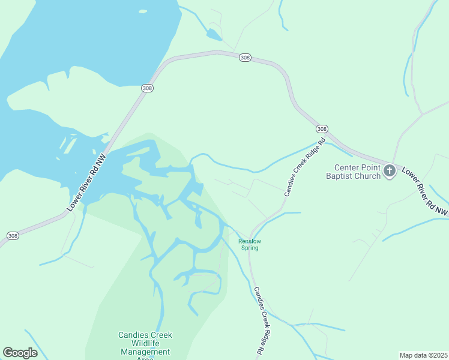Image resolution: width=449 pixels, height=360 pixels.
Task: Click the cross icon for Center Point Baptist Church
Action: [389, 171]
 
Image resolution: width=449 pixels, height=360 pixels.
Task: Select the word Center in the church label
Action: [348, 167]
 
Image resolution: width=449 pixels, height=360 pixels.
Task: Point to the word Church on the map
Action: [369, 176]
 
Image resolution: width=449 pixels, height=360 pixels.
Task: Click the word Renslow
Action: [250, 241]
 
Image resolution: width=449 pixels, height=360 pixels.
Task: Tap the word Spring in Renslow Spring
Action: [250, 248]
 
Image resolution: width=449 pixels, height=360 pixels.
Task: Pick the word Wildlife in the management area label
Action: [145, 344]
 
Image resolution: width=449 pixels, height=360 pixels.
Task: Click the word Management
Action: [145, 352]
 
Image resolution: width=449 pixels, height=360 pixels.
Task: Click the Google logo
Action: [20, 353]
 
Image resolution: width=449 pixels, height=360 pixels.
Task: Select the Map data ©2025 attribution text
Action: [423, 355]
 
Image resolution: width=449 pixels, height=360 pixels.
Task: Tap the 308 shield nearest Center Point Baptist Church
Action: [322, 129]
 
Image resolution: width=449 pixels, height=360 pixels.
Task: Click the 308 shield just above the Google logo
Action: [13, 236]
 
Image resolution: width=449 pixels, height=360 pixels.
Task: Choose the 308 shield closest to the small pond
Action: [244, 57]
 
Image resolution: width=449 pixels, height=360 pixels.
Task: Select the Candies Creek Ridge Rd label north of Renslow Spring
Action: [304, 167]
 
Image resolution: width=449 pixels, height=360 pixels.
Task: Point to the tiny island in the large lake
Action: [142, 11]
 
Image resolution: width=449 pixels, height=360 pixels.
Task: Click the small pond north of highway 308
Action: [213, 34]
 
